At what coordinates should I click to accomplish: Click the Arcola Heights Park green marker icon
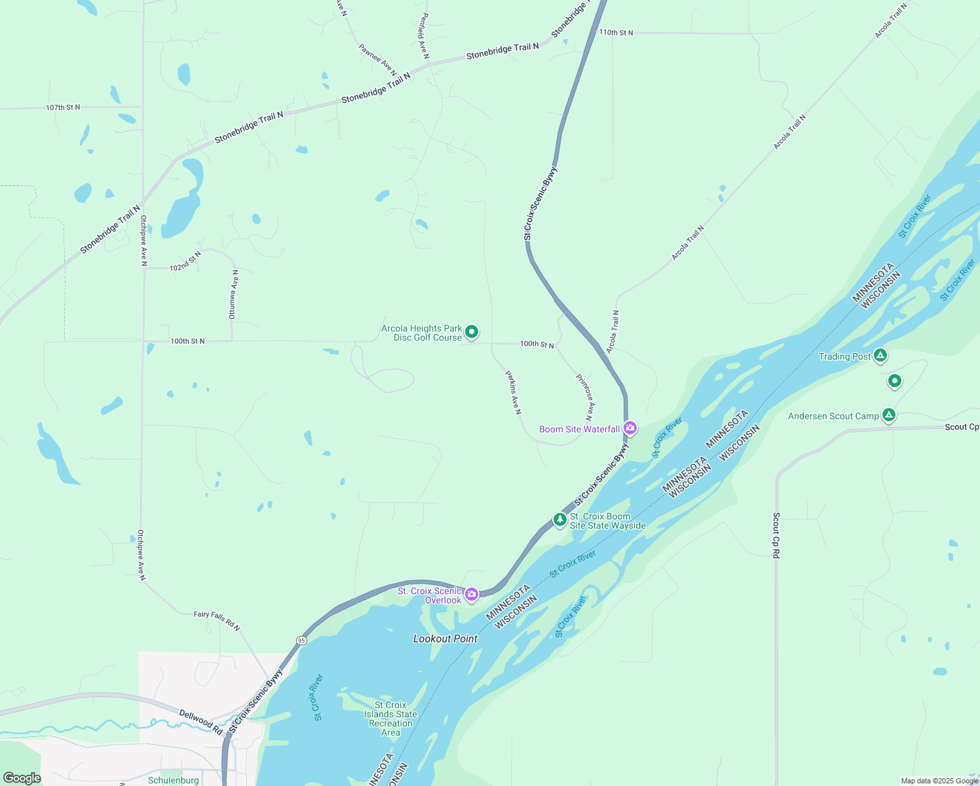coord(472,332)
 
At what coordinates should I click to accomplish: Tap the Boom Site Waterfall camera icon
coord(630,428)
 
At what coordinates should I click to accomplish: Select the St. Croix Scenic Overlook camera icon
coord(472,594)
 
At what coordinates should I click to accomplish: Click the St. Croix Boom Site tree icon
coord(559,519)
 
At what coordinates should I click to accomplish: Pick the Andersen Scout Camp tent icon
coord(888,415)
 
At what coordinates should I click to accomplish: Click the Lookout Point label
coord(445,639)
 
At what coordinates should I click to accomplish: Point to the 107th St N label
coord(63,107)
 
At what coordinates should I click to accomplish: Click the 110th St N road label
coord(616,33)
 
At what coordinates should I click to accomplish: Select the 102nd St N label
coord(185,262)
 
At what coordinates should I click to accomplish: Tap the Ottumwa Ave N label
coord(233,294)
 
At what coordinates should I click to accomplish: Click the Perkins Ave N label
coord(513,392)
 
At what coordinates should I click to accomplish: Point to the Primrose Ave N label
coord(586,397)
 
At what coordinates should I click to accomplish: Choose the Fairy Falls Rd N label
coord(217,621)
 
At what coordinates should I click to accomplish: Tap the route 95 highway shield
coord(301,640)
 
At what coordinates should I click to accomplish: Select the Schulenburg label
coord(174,780)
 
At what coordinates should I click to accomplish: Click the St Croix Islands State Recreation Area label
coord(390,719)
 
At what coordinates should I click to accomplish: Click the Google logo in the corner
coord(22,778)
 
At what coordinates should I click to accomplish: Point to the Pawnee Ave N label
coord(377,60)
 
